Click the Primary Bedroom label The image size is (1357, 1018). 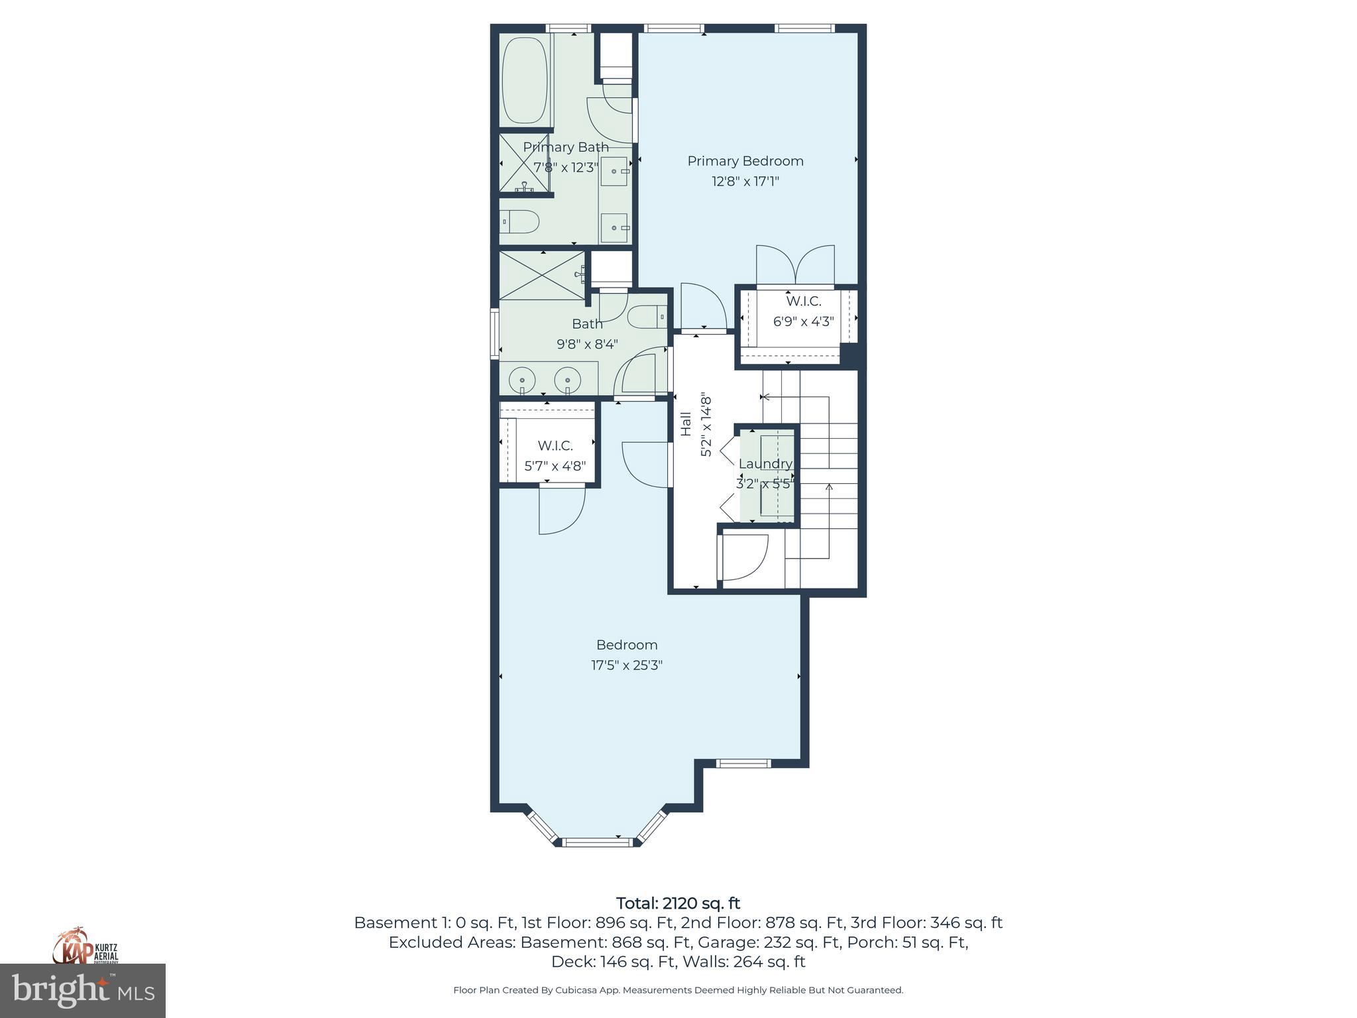[745, 161]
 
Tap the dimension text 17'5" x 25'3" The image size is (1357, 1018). [626, 665]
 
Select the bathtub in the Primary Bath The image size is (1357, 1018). [524, 80]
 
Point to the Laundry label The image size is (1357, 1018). [765, 463]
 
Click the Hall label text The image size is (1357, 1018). [686, 424]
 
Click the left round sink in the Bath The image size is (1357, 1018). [522, 380]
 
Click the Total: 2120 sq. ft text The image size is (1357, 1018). [678, 903]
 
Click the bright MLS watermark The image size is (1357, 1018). [83, 991]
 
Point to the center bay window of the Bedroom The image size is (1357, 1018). [594, 842]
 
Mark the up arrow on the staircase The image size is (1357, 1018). [828, 489]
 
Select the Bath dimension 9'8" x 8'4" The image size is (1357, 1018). [587, 344]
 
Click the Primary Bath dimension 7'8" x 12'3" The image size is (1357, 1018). [566, 168]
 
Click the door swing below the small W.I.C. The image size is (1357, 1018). [561, 510]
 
